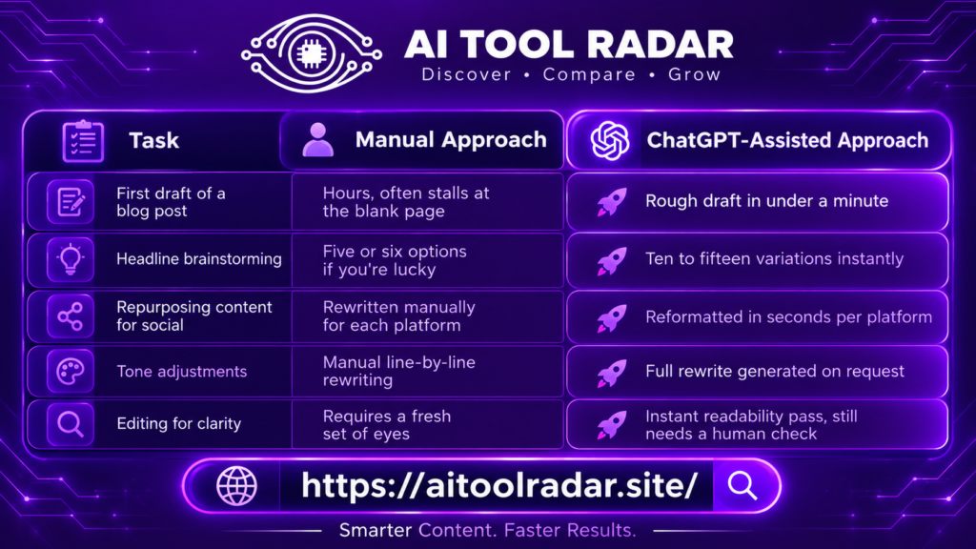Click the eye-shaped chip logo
[312, 53]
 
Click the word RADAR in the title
[660, 45]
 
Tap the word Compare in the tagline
[589, 74]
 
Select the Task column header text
[153, 141]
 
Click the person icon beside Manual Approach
[318, 139]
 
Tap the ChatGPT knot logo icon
[609, 140]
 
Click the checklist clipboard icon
[83, 141]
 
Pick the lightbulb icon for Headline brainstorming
[71, 259]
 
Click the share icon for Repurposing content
[71, 316]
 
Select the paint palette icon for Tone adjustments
[71, 372]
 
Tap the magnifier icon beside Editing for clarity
[71, 424]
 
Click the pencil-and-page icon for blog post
[71, 202]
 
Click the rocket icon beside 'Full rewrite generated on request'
[612, 373]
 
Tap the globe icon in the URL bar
[236, 485]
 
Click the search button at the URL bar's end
[743, 485]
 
